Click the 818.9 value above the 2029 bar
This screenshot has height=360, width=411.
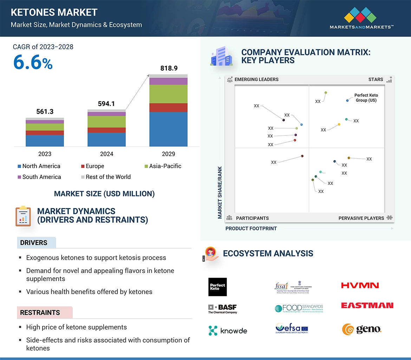click(169, 68)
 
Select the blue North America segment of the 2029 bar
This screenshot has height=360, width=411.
click(168, 129)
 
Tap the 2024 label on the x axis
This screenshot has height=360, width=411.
click(106, 154)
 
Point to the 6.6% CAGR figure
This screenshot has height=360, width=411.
click(33, 63)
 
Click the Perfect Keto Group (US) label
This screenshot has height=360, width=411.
click(366, 98)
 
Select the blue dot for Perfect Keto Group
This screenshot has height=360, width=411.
click(347, 100)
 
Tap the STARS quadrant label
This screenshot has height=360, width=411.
click(376, 79)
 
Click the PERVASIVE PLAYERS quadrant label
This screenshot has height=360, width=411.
click(361, 218)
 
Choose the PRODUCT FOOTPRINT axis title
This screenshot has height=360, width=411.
click(251, 228)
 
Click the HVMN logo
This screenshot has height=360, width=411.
click(360, 286)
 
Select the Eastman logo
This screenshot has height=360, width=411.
click(367, 306)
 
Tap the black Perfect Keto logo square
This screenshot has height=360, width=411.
click(217, 287)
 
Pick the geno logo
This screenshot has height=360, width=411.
click(361, 329)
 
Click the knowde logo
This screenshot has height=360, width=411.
click(228, 331)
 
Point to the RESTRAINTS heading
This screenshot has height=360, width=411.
click(40, 312)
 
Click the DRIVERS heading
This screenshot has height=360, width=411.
click(34, 242)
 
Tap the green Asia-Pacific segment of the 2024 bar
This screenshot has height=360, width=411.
click(106, 121)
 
